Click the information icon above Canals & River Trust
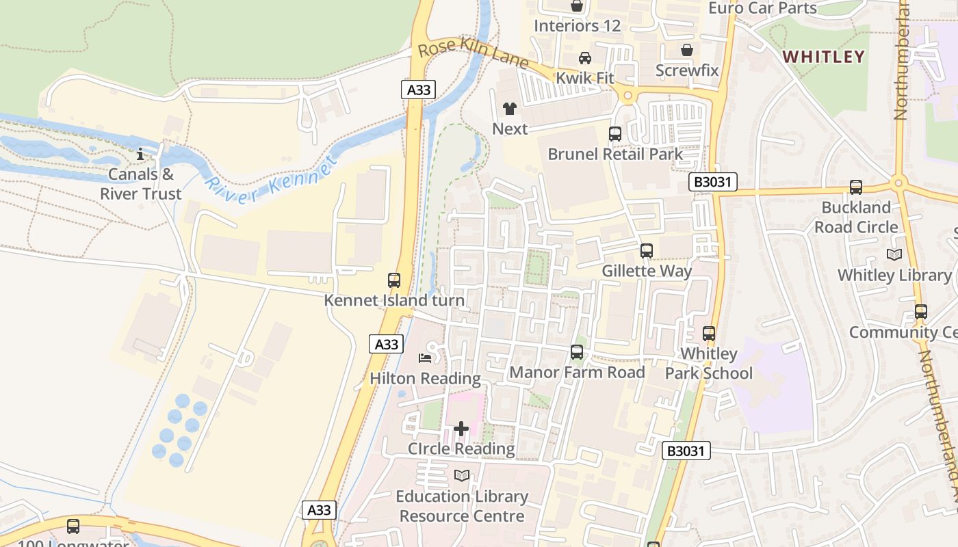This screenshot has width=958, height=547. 140,154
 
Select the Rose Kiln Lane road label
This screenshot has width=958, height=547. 473,54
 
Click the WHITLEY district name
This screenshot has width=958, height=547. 824,57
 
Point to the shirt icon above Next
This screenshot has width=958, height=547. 510,108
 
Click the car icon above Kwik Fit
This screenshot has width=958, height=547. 585,58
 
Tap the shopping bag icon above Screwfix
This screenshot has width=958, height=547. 687,50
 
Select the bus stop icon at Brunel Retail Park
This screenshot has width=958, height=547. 615,134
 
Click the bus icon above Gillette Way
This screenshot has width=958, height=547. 647,251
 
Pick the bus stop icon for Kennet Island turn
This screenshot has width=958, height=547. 394,280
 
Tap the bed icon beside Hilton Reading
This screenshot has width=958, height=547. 425,358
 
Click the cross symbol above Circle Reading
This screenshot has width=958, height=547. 461,429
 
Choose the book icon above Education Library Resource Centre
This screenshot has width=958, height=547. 462,475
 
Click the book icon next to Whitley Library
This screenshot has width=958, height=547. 894,254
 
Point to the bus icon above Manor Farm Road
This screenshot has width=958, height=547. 577,352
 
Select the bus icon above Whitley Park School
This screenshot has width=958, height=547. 709,334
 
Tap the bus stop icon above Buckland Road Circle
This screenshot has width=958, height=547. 856,187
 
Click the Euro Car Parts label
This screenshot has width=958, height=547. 762,8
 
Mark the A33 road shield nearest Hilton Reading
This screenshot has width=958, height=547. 387,344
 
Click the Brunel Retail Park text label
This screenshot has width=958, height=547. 615,154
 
